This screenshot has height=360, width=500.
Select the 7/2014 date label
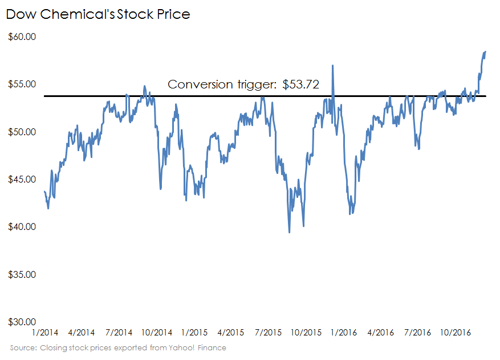(119, 332)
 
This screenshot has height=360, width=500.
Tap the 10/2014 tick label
(156, 332)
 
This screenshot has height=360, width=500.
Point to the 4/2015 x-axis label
(231, 332)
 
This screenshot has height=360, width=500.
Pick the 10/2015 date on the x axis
(306, 332)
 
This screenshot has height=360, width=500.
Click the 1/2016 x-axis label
(343, 332)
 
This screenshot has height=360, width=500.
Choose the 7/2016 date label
(417, 332)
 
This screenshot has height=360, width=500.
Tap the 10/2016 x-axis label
(455, 332)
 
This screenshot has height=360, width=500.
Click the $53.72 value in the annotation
(300, 84)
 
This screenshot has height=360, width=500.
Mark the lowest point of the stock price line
(289, 232)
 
